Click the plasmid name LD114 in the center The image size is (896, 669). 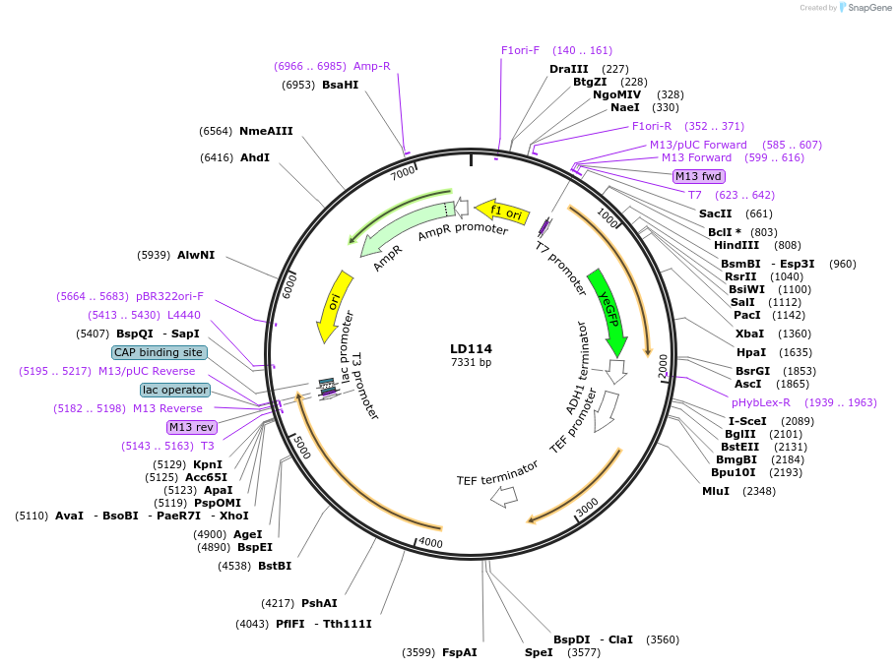(471, 348)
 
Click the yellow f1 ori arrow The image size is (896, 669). (503, 212)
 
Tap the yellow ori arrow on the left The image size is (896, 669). (332, 306)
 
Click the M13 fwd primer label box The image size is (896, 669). (698, 176)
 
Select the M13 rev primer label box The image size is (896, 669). (191, 427)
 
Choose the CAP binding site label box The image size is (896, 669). (159, 352)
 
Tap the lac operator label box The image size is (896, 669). (175, 390)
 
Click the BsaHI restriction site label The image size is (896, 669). (340, 85)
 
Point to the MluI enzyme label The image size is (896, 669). (716, 491)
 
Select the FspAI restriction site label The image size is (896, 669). (459, 652)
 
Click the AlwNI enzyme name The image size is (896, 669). (196, 255)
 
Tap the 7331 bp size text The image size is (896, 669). (471, 363)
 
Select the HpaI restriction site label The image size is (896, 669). (751, 352)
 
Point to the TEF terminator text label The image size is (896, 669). (497, 473)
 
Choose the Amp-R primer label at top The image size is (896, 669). (372, 66)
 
